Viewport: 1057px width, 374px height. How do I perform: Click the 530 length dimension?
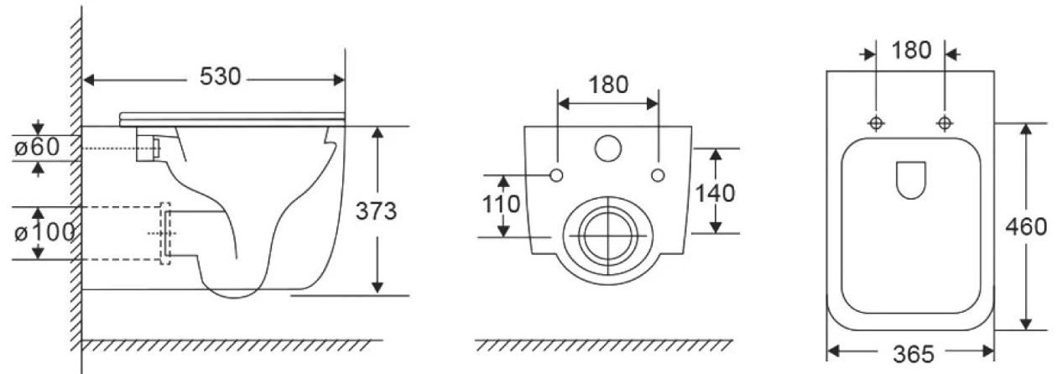220,76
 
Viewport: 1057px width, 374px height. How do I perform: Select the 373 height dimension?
376,210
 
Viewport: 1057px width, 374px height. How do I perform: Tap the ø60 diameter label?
37,147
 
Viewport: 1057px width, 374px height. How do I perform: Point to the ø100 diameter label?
44,232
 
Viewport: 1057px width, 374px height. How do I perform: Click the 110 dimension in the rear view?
501,205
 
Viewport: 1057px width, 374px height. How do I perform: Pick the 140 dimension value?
716,194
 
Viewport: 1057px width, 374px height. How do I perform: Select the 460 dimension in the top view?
1026,227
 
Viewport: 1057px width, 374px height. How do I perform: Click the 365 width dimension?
914,355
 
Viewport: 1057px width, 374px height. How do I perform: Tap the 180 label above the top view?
911,50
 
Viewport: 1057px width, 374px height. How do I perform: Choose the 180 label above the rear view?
608,85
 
